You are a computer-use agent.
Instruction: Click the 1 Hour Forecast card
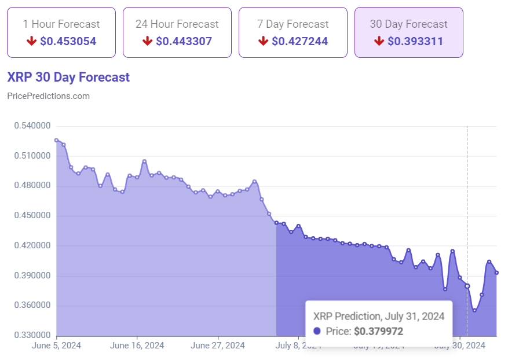[61, 32]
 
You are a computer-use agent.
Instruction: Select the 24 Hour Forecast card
[177, 32]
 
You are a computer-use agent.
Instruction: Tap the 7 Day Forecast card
[293, 32]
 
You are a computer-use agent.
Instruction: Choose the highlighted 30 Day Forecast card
[409, 32]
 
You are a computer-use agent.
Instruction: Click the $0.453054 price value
[68, 41]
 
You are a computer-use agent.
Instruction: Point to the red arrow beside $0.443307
[147, 41]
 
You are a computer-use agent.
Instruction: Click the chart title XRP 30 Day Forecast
[68, 77]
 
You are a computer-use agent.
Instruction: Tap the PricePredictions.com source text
[48, 96]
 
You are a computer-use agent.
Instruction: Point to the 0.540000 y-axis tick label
[32, 126]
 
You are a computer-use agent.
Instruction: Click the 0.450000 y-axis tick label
[32, 216]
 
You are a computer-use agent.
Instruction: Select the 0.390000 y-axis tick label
[32, 275]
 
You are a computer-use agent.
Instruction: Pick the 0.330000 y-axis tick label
[32, 336]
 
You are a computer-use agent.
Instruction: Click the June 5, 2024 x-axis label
[57, 346]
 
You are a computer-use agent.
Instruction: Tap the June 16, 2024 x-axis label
[137, 346]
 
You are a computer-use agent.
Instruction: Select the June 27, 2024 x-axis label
[218, 346]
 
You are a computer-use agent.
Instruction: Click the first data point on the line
[56, 140]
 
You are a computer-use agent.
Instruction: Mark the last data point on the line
[496, 273]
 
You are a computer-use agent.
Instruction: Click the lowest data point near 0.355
[474, 310]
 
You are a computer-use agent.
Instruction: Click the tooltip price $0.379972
[378, 332]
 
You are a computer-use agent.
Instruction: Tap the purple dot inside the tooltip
[317, 332]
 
